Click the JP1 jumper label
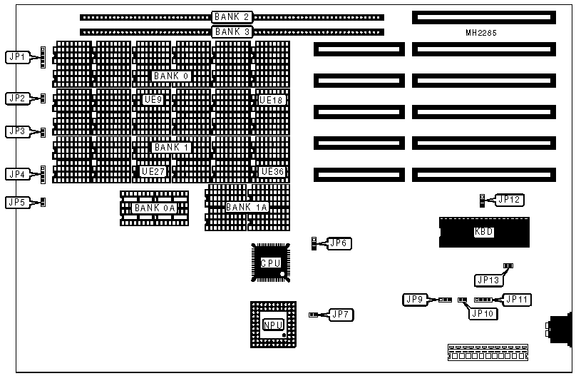[x=16, y=56]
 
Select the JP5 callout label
[x=16, y=202]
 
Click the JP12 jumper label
[x=508, y=200]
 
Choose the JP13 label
[x=488, y=280]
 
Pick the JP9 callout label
[x=414, y=299]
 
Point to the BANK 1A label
[x=247, y=207]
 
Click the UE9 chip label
[x=153, y=100]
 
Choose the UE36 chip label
[x=272, y=171]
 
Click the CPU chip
[x=270, y=263]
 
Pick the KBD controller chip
[x=484, y=232]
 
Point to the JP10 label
[x=482, y=313]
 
